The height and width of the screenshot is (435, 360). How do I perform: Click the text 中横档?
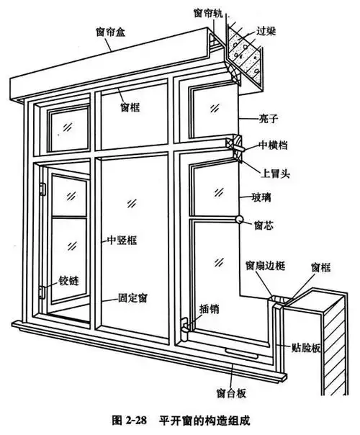click(x=274, y=145)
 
